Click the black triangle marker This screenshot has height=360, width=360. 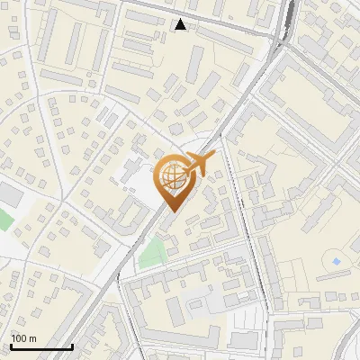[x=181, y=24]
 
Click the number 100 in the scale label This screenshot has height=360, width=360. [x=18, y=337]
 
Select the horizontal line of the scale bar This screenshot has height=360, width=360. [x=40, y=347]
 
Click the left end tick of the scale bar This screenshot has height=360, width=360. [x=10, y=346]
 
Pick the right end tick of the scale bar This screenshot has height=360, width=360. [x=72, y=346]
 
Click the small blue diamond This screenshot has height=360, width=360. [x=337, y=261]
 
